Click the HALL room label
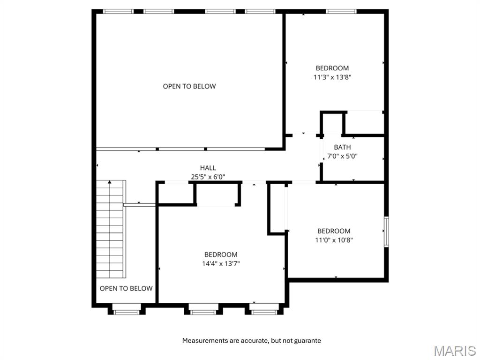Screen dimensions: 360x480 tap(208, 168)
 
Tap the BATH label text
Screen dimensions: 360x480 tap(342, 147)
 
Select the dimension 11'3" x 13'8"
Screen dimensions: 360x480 tap(332, 77)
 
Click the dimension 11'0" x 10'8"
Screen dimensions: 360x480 tap(333, 240)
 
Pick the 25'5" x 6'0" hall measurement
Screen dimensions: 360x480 tap(208, 177)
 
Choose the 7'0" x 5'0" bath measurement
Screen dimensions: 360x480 tap(342, 156)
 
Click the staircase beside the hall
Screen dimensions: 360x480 tap(111, 230)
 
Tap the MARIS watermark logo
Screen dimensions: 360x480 tap(454, 351)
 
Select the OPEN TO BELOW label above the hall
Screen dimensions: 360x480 tap(189, 86)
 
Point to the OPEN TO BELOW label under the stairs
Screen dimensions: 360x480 tap(126, 288)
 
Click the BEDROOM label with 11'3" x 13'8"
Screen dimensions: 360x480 tap(332, 68)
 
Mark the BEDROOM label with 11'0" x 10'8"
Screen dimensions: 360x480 tap(333, 231)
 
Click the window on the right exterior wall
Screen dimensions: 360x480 tap(386, 232)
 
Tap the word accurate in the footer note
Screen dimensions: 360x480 tap(254, 341)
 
